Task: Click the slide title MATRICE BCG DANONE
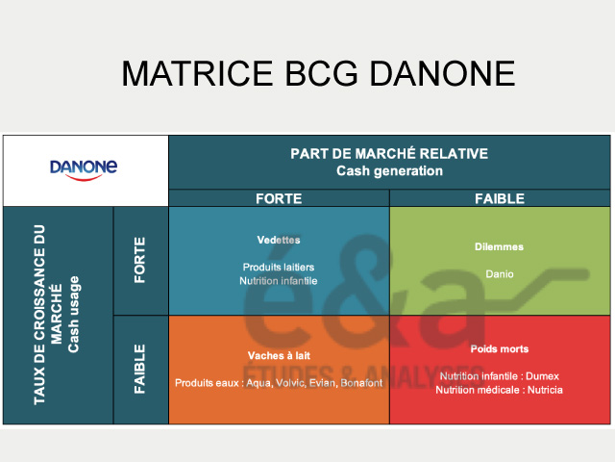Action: pyautogui.click(x=317, y=74)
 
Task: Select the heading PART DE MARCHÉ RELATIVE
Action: pyautogui.click(x=389, y=154)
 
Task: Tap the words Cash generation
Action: pyautogui.click(x=389, y=171)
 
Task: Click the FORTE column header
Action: pyautogui.click(x=279, y=198)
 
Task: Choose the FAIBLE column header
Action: pyautogui.click(x=500, y=198)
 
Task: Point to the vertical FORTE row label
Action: pyautogui.click(x=140, y=260)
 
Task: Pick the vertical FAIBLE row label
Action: pyautogui.click(x=140, y=370)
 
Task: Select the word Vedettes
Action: pyautogui.click(x=279, y=240)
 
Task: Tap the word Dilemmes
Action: pyautogui.click(x=500, y=246)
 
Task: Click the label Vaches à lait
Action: pyautogui.click(x=279, y=355)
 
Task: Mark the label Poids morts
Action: pyautogui.click(x=500, y=348)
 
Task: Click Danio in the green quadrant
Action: pyautogui.click(x=500, y=273)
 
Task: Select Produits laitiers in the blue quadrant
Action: pyautogui.click(x=279, y=267)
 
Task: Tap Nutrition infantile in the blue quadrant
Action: pyautogui.click(x=279, y=281)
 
